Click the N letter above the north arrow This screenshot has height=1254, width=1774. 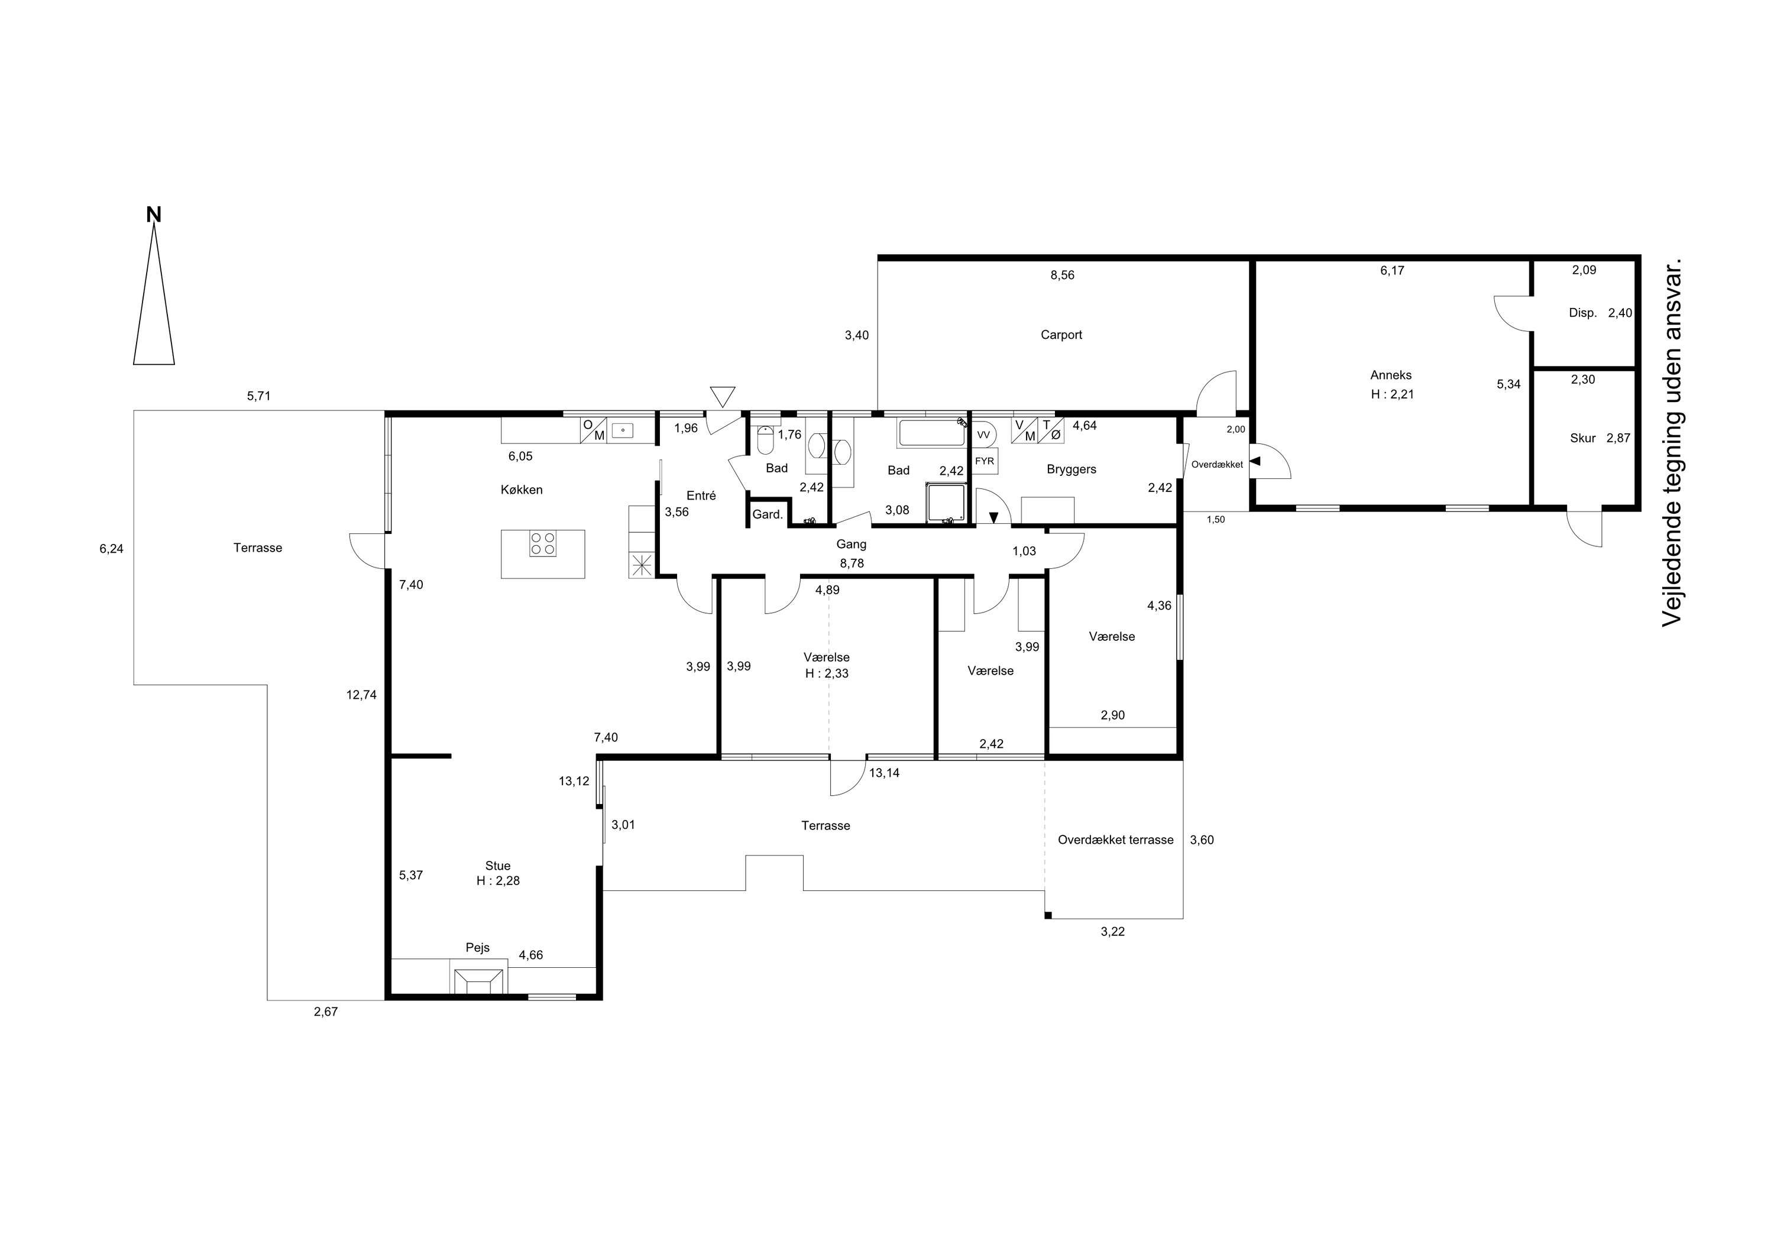point(154,215)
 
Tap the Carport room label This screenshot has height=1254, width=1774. point(1061,335)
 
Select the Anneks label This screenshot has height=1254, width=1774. point(1391,375)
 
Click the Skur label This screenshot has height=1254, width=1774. point(1582,438)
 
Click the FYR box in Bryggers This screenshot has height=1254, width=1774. point(985,461)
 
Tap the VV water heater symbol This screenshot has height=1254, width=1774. point(983,435)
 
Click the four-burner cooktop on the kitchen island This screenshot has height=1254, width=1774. point(543,543)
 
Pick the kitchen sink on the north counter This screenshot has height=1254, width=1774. point(622,430)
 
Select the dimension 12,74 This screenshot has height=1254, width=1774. point(361,695)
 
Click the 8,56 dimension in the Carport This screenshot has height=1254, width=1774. point(1063,275)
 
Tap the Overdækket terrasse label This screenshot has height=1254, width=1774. point(1116,840)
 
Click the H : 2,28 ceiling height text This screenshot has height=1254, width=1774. point(498,881)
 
